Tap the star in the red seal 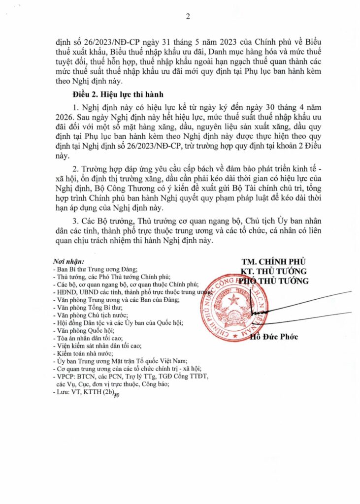[x=233, y=299]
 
